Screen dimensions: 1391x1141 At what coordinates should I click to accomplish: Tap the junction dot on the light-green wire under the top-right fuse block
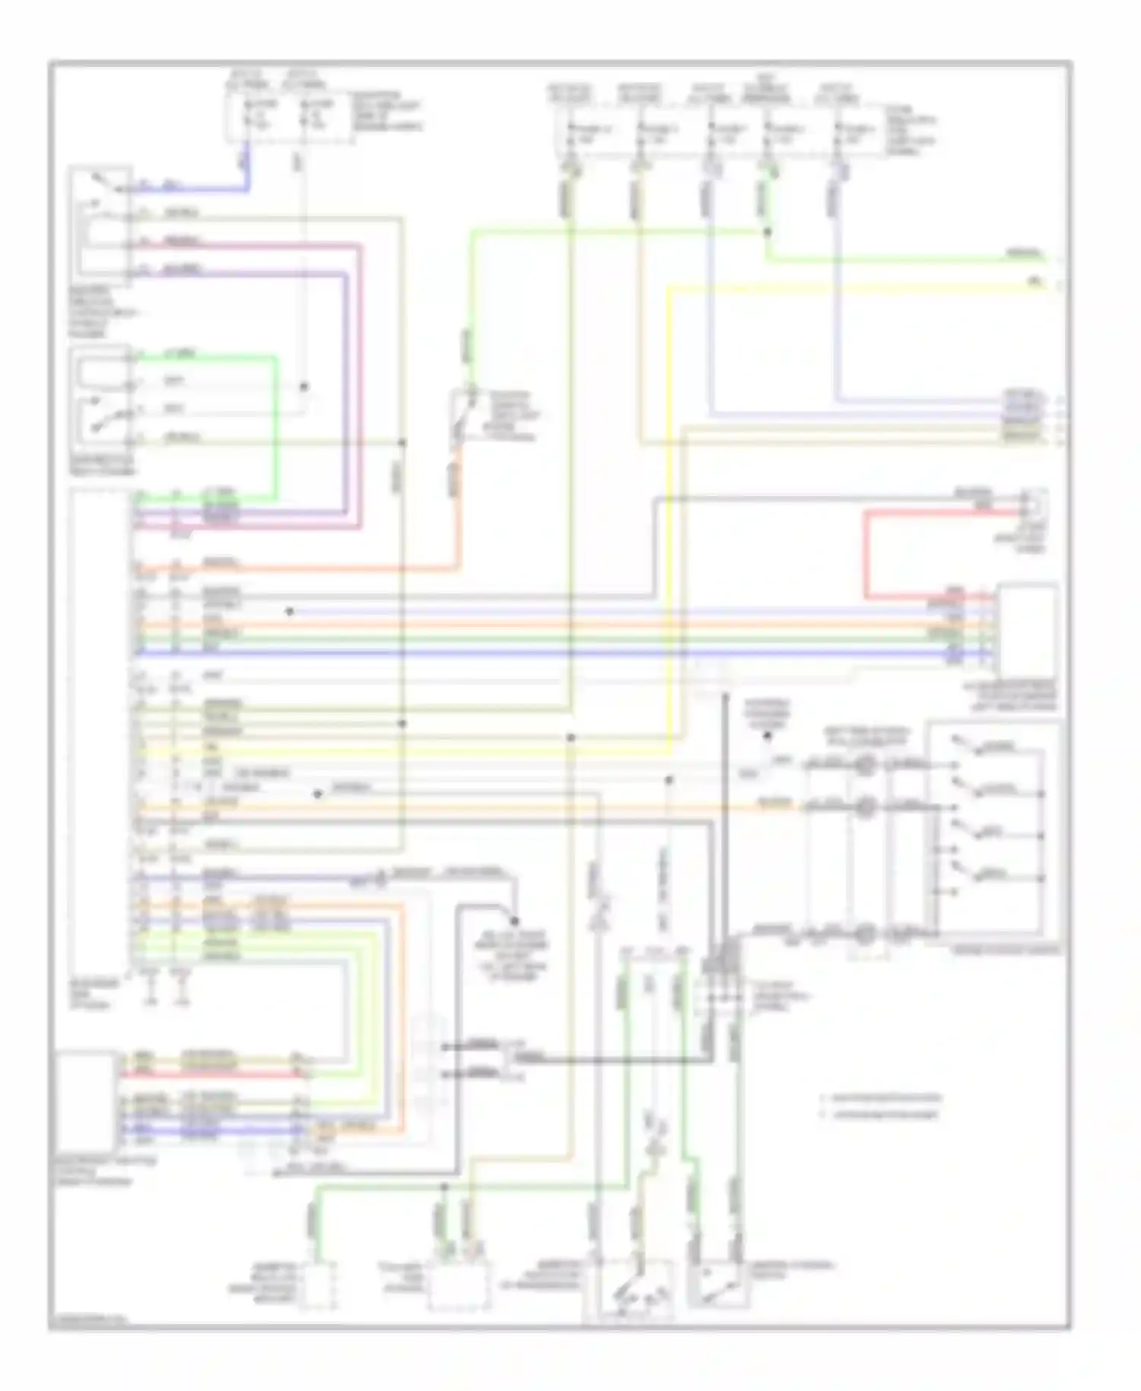767,231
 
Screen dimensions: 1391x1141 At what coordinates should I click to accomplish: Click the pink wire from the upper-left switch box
360,380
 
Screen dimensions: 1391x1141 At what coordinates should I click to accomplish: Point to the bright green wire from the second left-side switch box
276,426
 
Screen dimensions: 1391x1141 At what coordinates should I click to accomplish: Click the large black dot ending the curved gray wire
514,918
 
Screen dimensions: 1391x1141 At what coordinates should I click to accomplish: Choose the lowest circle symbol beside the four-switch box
863,934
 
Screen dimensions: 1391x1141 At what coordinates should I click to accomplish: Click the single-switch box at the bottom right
719,1285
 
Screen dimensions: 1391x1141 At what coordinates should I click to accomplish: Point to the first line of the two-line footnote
882,1098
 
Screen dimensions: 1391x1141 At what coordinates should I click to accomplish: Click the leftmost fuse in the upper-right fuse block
570,133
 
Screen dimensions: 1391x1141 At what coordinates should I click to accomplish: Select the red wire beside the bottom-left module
213,1074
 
